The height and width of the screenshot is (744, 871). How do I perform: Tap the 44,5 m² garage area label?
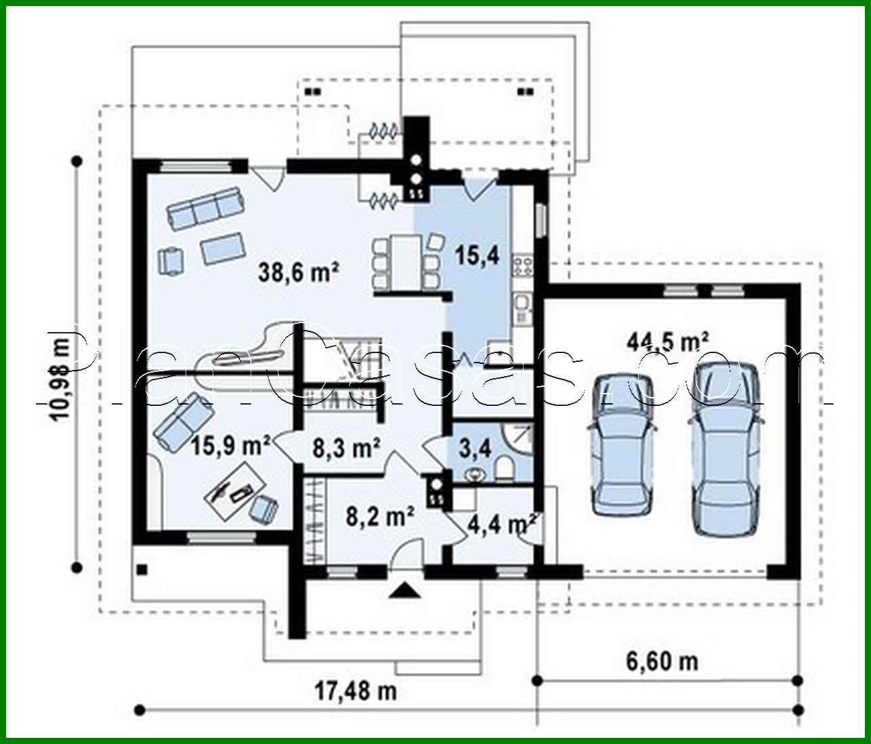[x=667, y=340]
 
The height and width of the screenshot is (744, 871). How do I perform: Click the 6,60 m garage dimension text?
[x=666, y=660]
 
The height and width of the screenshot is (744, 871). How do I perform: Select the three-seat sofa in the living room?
[x=205, y=207]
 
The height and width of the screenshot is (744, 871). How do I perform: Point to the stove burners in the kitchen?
[x=523, y=264]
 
